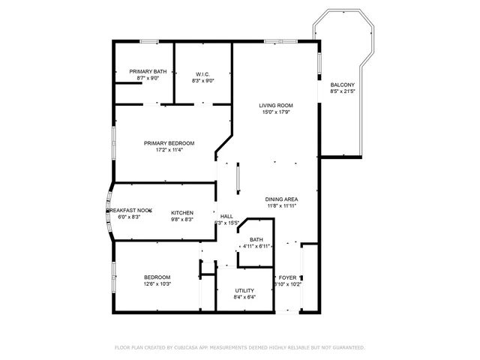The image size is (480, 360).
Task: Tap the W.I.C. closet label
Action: [202, 73]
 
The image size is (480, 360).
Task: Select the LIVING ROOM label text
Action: [276, 106]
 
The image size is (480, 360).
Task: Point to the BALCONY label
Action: [342, 85]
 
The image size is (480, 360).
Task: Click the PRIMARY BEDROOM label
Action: [169, 143]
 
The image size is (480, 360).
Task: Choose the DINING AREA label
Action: [282, 199]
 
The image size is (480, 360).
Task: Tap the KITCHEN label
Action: [182, 212]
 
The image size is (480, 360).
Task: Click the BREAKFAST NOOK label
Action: [128, 211]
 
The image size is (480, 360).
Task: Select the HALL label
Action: [226, 216]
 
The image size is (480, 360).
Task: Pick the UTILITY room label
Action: [244, 290]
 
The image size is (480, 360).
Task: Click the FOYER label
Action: [288, 277]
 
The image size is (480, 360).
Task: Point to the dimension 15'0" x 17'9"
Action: [276, 112]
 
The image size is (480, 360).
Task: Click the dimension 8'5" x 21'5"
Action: [342, 91]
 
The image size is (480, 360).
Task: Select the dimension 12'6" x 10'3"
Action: [157, 283]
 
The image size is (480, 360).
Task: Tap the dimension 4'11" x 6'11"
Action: [256, 246]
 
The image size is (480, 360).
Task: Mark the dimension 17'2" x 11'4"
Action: [169, 150]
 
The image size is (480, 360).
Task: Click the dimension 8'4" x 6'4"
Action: [244, 297]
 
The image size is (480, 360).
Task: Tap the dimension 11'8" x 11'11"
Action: [282, 205]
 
